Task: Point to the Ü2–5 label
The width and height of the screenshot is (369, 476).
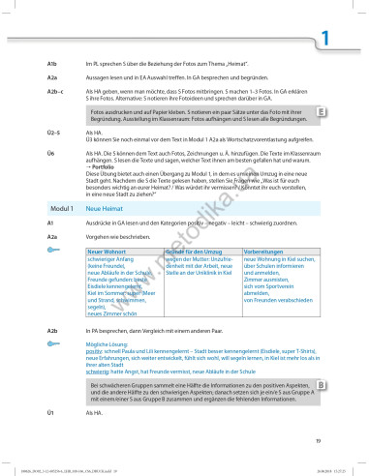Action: point(54,131)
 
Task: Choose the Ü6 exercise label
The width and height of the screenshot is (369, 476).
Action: point(49,153)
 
